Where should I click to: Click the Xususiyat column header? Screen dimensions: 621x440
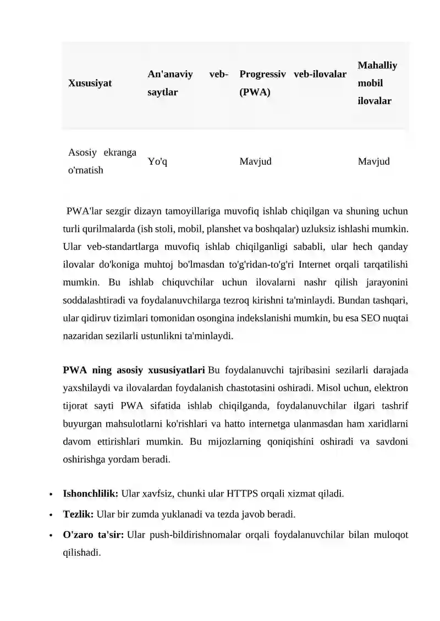pyautogui.click(x=90, y=83)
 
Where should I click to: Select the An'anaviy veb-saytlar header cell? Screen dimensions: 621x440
pyautogui.click(x=188, y=83)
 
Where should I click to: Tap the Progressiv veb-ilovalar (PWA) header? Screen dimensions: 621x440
pyautogui.click(x=293, y=83)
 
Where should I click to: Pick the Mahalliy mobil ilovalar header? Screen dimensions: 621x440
pyautogui.click(x=377, y=83)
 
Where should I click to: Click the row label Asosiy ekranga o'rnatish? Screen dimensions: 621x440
pyautogui.click(x=102, y=161)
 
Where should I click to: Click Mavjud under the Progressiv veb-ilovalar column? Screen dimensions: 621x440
pyautogui.click(x=255, y=161)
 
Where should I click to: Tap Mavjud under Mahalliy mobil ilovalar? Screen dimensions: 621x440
pyautogui.click(x=373, y=161)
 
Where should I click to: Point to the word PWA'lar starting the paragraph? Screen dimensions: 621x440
pyautogui.click(x=82, y=211)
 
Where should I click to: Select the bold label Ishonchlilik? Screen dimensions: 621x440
pyautogui.click(x=91, y=493)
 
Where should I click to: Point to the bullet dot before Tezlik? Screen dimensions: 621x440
pyautogui.click(x=51, y=516)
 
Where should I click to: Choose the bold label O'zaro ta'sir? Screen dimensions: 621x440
pyautogui.click(x=94, y=535)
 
